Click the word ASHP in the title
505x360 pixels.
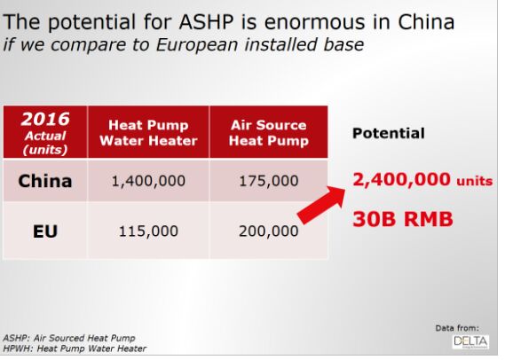click(x=206, y=22)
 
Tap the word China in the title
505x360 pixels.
click(x=426, y=22)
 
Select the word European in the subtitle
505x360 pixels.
click(x=197, y=44)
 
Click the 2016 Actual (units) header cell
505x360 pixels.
click(x=45, y=132)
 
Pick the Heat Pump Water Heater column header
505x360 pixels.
click(x=148, y=132)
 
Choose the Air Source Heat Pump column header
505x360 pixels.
click(x=269, y=132)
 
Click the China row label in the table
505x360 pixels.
click(x=45, y=181)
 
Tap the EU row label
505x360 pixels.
click(x=45, y=231)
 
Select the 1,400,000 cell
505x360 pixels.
click(x=148, y=181)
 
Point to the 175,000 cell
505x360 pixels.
click(x=269, y=181)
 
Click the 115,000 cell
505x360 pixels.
click(x=148, y=231)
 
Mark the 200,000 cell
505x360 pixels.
click(x=269, y=231)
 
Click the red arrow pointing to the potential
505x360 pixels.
click(x=320, y=205)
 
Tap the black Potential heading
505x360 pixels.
click(x=389, y=133)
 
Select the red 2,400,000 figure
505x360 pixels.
click(x=401, y=179)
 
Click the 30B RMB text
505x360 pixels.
click(x=403, y=219)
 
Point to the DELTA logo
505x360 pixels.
click(x=470, y=341)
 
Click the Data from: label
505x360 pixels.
click(x=457, y=328)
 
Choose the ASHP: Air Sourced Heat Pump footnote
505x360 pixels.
click(x=69, y=338)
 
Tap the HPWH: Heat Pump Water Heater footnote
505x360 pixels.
click(x=75, y=348)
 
